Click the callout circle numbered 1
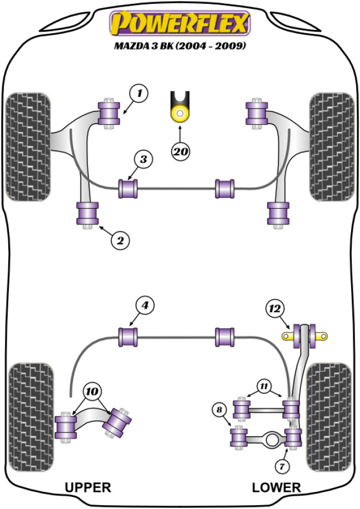[x=140, y=94]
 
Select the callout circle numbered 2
[x=121, y=240]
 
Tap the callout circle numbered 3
[x=143, y=160]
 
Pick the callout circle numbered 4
[x=144, y=305]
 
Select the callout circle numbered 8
[x=220, y=410]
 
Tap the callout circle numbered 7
[x=282, y=467]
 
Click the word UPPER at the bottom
[x=88, y=487]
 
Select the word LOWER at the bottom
[x=276, y=487]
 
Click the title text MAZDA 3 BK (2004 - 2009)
[x=180, y=47]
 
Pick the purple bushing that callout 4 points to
[x=128, y=337]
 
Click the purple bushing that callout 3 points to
[x=128, y=187]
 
